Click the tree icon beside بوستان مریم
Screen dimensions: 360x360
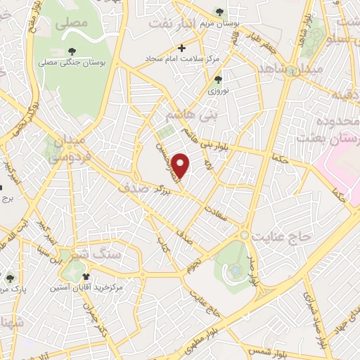(x=219, y=12)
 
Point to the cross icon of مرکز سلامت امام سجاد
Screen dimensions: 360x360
(x=182, y=49)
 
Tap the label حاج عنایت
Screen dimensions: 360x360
(x=283, y=238)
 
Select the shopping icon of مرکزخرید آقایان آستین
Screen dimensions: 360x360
(x=86, y=276)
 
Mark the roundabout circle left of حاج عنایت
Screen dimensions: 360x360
(x=244, y=234)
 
